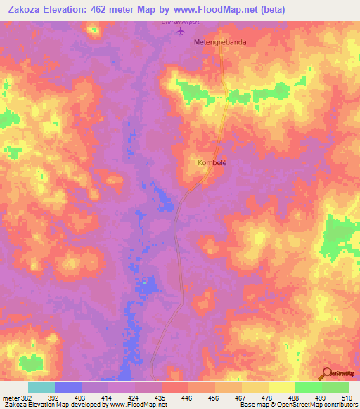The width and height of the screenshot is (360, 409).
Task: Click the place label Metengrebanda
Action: coord(221,42)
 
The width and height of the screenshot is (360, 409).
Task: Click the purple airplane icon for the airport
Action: coord(181,32)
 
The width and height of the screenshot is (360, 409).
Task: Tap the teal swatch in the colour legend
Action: coord(41,387)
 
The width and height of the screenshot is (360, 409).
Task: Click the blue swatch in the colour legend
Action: coord(68,387)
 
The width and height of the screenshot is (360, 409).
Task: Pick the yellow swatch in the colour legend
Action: coord(282,387)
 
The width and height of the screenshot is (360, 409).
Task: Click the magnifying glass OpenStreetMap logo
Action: coord(326,373)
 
